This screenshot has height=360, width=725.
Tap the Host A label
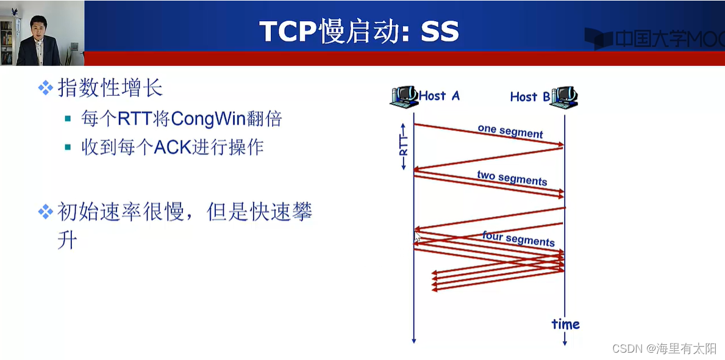[x=439, y=95]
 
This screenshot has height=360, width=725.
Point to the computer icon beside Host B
[x=565, y=96]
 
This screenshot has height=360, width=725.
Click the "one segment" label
[x=510, y=131]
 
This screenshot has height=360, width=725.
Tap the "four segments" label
[x=518, y=238]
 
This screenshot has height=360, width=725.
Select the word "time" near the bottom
[x=565, y=324]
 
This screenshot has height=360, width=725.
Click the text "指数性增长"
[x=110, y=88]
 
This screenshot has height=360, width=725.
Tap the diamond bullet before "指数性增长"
[x=45, y=88]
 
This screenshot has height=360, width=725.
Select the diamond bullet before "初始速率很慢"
[x=45, y=212]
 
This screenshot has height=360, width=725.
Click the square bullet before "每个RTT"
[x=68, y=118]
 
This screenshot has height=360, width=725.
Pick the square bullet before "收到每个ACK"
[x=68, y=147]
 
